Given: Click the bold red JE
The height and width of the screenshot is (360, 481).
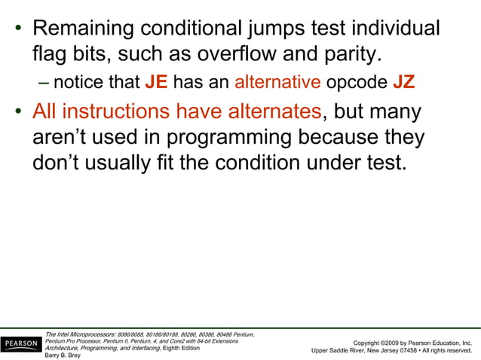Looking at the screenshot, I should click(x=156, y=81).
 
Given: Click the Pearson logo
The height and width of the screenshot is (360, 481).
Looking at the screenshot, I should click(x=20, y=344).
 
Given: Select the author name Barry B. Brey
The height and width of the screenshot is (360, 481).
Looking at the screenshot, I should click(x=63, y=355).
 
